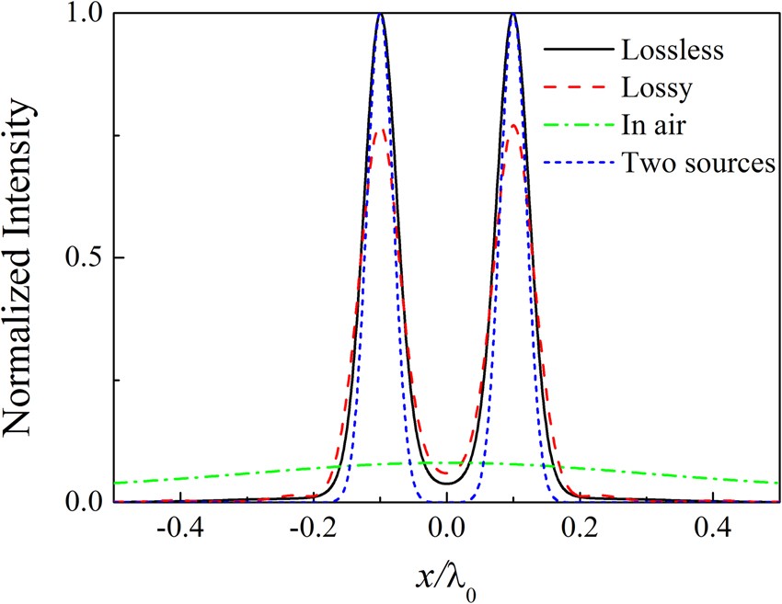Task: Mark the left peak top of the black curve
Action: tap(381, 15)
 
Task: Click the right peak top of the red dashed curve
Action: tap(513, 126)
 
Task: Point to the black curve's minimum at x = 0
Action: tap(447, 483)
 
